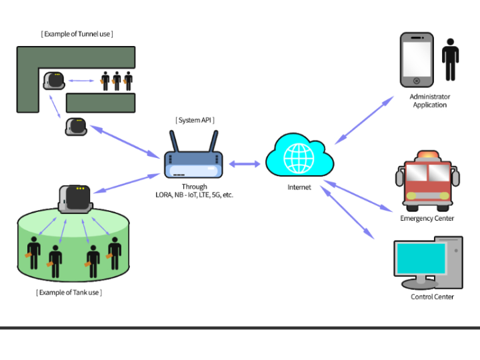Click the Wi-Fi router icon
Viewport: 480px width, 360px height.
tap(194, 162)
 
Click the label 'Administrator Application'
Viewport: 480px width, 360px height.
tap(429, 101)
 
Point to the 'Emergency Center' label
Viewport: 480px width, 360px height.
tap(427, 218)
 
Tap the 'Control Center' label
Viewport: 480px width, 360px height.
tap(432, 297)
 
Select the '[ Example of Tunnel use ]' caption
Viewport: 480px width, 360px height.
tap(77, 33)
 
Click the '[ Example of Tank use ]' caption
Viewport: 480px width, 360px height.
tap(69, 292)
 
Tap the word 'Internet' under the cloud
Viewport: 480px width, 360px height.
tap(299, 187)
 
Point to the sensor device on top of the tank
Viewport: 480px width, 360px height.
tap(75, 198)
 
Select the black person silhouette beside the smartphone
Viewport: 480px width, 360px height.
tap(451, 59)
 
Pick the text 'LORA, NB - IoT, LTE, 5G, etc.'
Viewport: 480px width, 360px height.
tap(194, 195)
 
